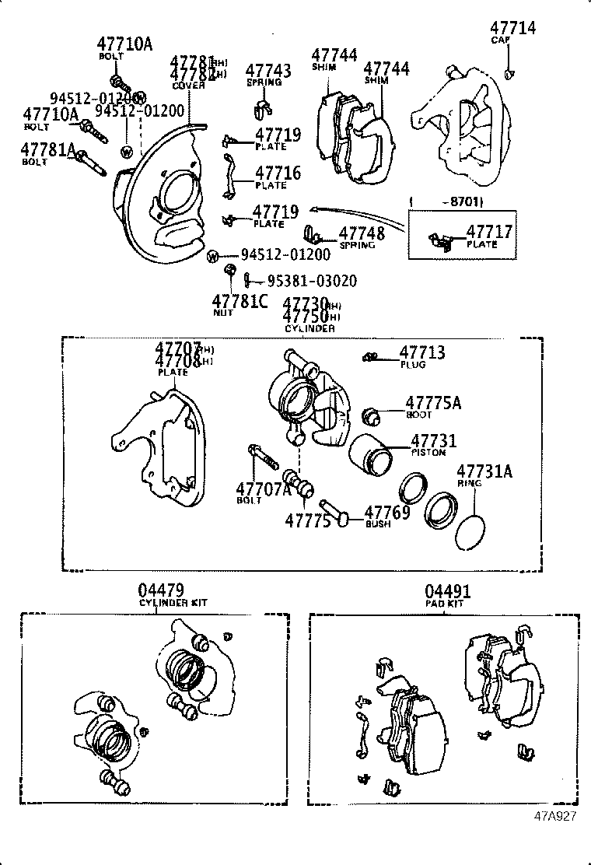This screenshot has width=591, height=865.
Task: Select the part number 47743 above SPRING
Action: pyautogui.click(x=268, y=72)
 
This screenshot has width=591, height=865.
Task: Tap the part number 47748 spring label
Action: pyautogui.click(x=362, y=233)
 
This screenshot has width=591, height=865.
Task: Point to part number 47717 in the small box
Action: pyautogui.click(x=489, y=232)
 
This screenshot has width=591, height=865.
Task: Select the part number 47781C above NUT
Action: pyautogui.click(x=240, y=300)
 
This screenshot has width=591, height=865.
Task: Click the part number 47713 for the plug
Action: pyautogui.click(x=422, y=353)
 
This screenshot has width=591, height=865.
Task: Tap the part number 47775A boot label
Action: pyautogui.click(x=433, y=403)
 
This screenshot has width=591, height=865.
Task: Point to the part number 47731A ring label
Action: pyautogui.click(x=484, y=471)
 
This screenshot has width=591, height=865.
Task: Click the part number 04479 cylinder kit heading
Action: pyautogui.click(x=162, y=592)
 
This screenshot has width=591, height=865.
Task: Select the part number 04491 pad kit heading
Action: pyautogui.click(x=448, y=592)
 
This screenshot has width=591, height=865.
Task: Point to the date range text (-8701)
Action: pyautogui.click(x=455, y=202)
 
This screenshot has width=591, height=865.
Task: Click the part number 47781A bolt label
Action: pyautogui.click(x=48, y=150)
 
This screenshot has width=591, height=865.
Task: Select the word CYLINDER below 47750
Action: pyautogui.click(x=309, y=329)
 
